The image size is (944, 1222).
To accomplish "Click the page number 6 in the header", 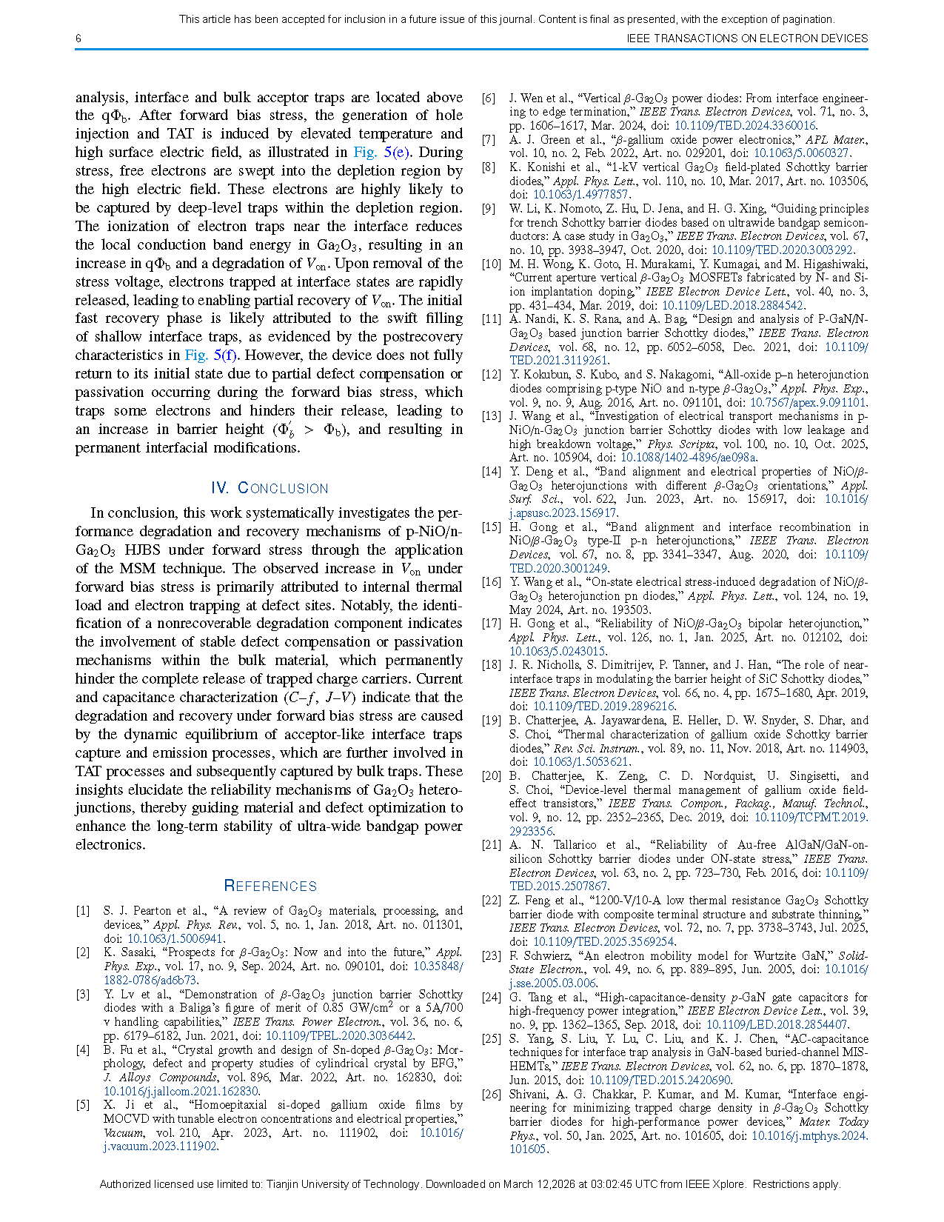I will (x=78, y=39).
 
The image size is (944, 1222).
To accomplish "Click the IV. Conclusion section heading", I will (x=270, y=488).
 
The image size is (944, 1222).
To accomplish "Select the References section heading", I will (x=270, y=886).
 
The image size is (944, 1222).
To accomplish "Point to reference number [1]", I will (x=83, y=911).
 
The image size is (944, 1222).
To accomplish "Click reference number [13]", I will (x=491, y=416).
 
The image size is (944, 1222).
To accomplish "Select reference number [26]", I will (x=491, y=1095).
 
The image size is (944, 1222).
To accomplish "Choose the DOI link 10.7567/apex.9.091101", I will (x=807, y=403).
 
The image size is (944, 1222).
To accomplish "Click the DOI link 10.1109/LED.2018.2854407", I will (x=776, y=1025).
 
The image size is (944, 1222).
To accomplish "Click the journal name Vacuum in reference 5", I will (x=124, y=1132).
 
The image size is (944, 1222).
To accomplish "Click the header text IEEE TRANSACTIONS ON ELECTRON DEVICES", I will (x=746, y=39).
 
